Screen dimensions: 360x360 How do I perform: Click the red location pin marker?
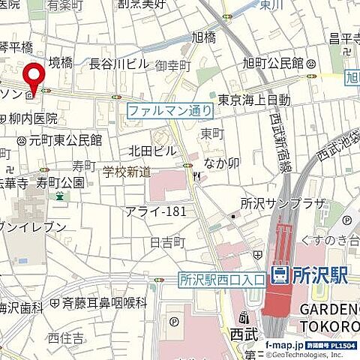[32, 78]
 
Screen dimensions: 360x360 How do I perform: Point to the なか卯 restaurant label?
[221, 162]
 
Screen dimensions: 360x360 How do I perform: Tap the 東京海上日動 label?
[254, 100]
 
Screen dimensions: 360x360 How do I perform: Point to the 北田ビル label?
[152, 151]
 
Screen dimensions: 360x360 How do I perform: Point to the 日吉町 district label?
[166, 242]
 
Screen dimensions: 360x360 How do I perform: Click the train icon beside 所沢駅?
[278, 277]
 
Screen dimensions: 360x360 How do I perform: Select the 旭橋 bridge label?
[203, 37]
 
